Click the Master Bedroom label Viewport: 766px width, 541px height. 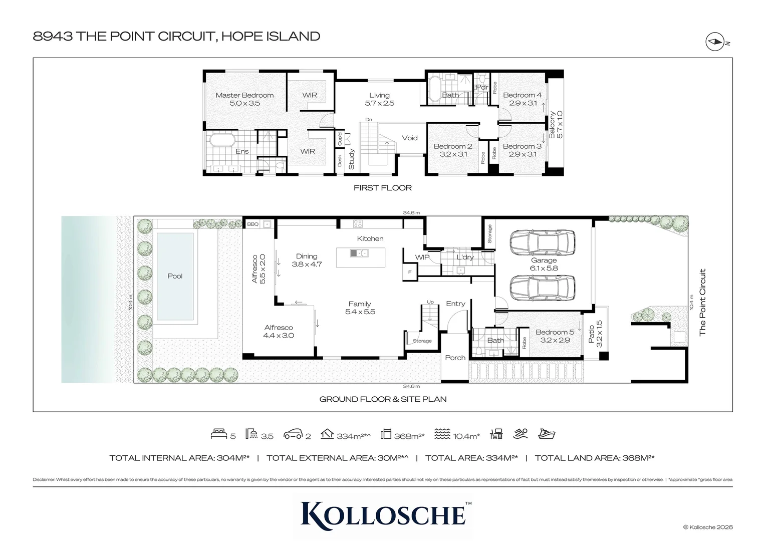pyautogui.click(x=244, y=95)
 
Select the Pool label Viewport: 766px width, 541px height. pyautogui.click(x=175, y=276)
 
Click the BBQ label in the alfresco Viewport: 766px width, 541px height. pyautogui.click(x=252, y=224)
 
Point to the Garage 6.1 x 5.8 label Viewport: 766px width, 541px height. pyautogui.click(x=544, y=264)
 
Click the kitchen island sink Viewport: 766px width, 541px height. pyautogui.click(x=359, y=253)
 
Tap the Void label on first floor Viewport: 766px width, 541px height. pyautogui.click(x=409, y=138)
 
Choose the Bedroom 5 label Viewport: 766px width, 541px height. pyautogui.click(x=555, y=332)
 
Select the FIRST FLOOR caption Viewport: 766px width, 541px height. pyautogui.click(x=382, y=188)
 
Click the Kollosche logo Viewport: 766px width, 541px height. pyautogui.click(x=383, y=513)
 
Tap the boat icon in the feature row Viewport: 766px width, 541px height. pyautogui.click(x=547, y=434)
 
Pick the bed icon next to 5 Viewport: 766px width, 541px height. pyautogui.click(x=219, y=434)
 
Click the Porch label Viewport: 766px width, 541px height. pyautogui.click(x=455, y=358)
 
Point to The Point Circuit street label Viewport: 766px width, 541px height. pyautogui.click(x=702, y=302)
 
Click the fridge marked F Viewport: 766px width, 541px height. pyautogui.click(x=409, y=272)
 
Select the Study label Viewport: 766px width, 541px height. pyautogui.click(x=352, y=159)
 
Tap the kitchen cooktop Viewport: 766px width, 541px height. pyautogui.click(x=358, y=223)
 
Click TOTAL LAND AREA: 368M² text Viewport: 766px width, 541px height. pyautogui.click(x=595, y=458)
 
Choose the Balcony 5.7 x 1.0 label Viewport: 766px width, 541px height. pyautogui.click(x=556, y=125)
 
